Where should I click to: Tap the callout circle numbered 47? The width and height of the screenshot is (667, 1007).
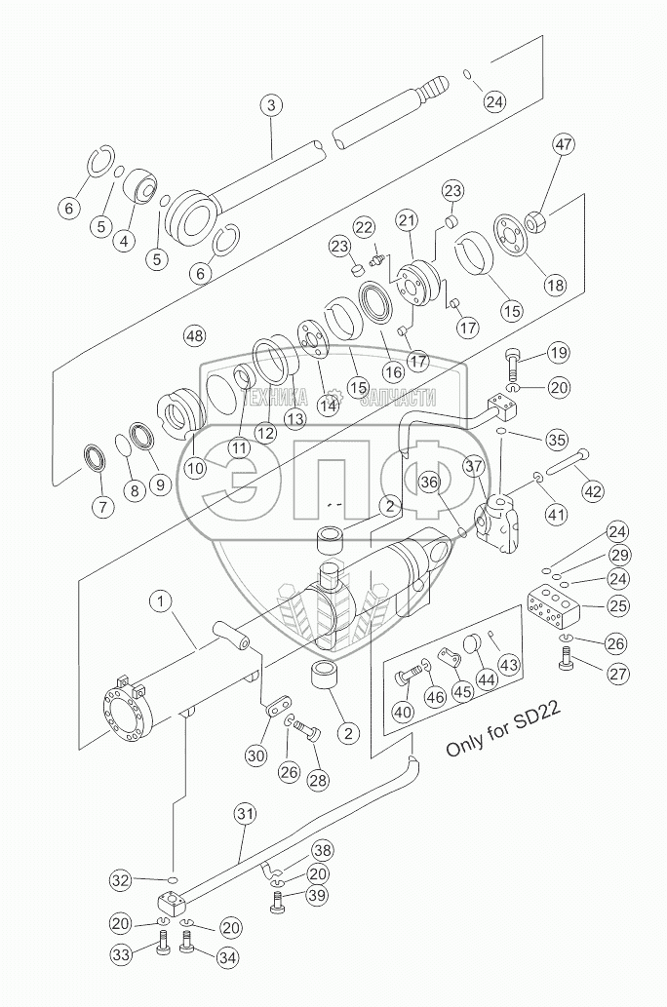click(564, 146)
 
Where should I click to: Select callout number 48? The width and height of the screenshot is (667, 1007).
click(194, 336)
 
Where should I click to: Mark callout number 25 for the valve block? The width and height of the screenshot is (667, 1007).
click(614, 605)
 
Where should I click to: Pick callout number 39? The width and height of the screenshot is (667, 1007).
click(318, 896)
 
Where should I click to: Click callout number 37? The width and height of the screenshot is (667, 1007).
click(473, 469)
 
